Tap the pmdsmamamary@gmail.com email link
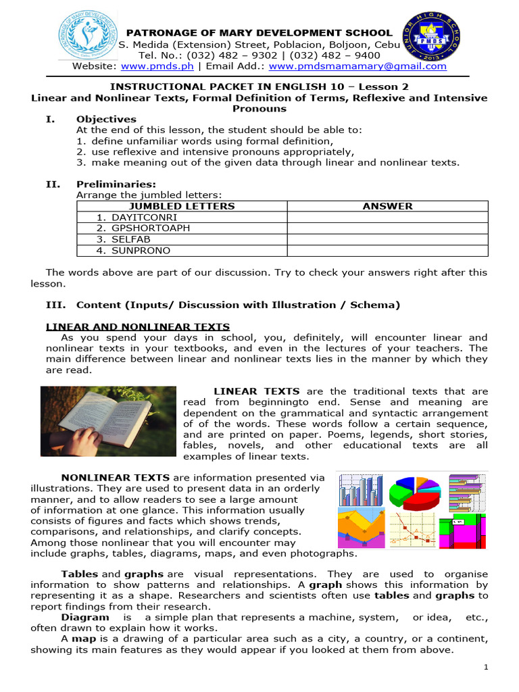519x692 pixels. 357,66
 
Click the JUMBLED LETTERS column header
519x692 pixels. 182,206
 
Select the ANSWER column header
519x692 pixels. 387,206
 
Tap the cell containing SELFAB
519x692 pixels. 123,239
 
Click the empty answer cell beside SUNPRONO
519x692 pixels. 387,251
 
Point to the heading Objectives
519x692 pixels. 106,119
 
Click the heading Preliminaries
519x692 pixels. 116,184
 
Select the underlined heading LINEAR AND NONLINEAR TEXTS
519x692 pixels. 137,326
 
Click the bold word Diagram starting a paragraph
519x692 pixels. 84,617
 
